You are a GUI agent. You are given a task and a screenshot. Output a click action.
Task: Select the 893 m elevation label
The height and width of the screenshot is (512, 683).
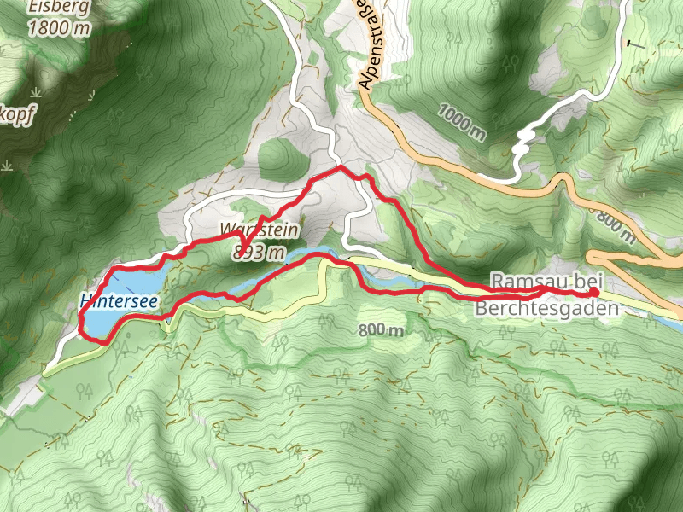point(258,252)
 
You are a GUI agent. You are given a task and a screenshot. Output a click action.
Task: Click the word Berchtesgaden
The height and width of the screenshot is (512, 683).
point(546,309)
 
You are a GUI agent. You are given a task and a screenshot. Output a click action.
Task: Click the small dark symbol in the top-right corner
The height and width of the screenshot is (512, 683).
point(634,42)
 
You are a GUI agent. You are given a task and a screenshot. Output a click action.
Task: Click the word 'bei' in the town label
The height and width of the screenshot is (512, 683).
point(585,281)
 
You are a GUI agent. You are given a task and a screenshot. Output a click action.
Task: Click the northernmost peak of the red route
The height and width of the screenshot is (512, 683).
point(341,168)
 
